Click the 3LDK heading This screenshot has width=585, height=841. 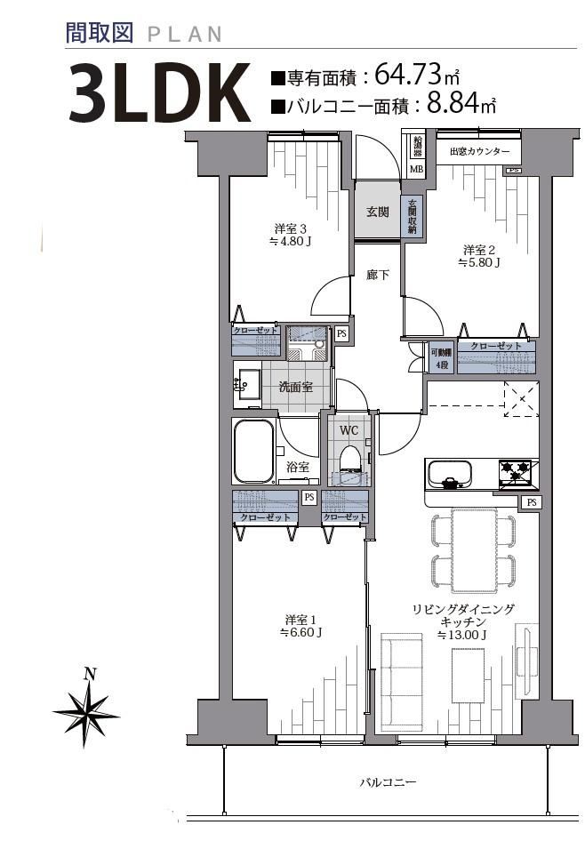coord(159,92)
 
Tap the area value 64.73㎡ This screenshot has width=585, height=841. coord(417,75)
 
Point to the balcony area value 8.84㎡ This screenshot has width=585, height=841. coord(461,103)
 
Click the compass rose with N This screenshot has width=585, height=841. coord(85,707)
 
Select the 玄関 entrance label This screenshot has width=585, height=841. coord(378,212)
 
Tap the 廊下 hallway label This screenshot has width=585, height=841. coord(378,276)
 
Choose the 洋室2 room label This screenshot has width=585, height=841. coord(479,256)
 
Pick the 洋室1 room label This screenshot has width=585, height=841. coord(301,626)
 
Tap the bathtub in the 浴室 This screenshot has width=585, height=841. coord(253,451)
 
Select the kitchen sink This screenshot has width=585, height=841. coord(449,475)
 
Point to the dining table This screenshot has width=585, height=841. coord(475,550)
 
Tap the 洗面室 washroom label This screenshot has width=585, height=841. coord(296,386)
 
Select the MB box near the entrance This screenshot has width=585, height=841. coord(417,170)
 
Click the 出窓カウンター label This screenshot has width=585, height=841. coord(480,151)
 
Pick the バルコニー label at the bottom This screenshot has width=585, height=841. coord(388,782)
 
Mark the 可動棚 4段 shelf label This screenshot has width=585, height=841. coord(441,359)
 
